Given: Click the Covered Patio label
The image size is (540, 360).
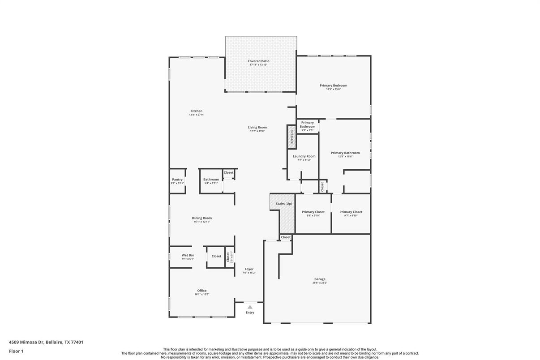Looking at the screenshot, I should click(x=258, y=61).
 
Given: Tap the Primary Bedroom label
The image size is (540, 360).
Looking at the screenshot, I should click(x=333, y=86).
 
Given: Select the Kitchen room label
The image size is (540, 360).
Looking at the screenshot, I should click(x=196, y=111).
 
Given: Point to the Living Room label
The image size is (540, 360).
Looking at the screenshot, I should click(x=257, y=127).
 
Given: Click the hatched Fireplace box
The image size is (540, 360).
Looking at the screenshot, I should click(x=291, y=136).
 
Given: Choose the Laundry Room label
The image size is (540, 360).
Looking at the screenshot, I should click(x=304, y=156).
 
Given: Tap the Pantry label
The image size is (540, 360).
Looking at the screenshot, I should click(x=177, y=180).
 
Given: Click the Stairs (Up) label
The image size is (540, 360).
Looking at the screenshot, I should click(x=284, y=204).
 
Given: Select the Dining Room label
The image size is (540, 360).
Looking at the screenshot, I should click(x=201, y=218).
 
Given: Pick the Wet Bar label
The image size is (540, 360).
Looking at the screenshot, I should click(x=188, y=255).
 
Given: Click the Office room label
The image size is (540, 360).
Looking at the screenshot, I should click(x=201, y=291).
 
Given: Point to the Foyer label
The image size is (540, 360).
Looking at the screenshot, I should click(x=249, y=269).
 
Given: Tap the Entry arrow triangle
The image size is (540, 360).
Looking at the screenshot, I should click(x=250, y=307).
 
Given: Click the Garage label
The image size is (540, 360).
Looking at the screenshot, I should click(x=320, y=279).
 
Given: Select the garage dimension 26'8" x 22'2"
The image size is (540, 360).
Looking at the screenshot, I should click(x=320, y=283).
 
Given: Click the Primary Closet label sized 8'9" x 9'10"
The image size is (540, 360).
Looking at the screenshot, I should click(x=313, y=212).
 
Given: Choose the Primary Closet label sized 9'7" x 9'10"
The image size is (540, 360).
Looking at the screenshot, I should click(x=351, y=212).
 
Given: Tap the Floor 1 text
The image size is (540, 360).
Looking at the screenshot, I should click(x=16, y=351).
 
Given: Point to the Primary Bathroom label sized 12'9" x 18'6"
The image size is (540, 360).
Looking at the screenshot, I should click(x=345, y=153).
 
